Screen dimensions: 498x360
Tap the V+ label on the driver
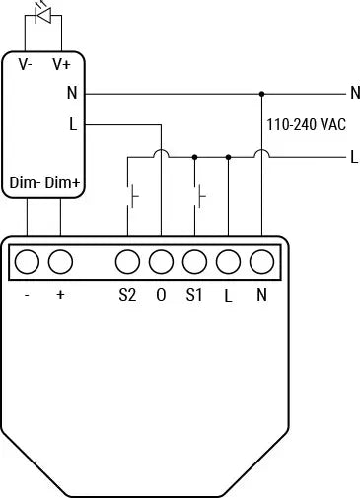pos(61,64)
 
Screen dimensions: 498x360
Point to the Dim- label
pos(25,183)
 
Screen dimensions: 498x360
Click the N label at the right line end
pos(354,93)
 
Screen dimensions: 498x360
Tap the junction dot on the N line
pos(261,94)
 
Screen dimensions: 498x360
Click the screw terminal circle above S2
pos(127,262)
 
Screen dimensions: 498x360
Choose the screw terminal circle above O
pos(161,262)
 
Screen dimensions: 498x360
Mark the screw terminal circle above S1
pos(194,262)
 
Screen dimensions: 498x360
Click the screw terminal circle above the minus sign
pos(27,262)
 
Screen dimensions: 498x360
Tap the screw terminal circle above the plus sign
pos(60,262)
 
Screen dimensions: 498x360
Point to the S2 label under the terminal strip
pos(127,295)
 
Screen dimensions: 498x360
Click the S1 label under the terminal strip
pos(194,295)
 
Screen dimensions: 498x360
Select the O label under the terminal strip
pos(161,295)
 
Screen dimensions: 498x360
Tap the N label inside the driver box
pos(72,93)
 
